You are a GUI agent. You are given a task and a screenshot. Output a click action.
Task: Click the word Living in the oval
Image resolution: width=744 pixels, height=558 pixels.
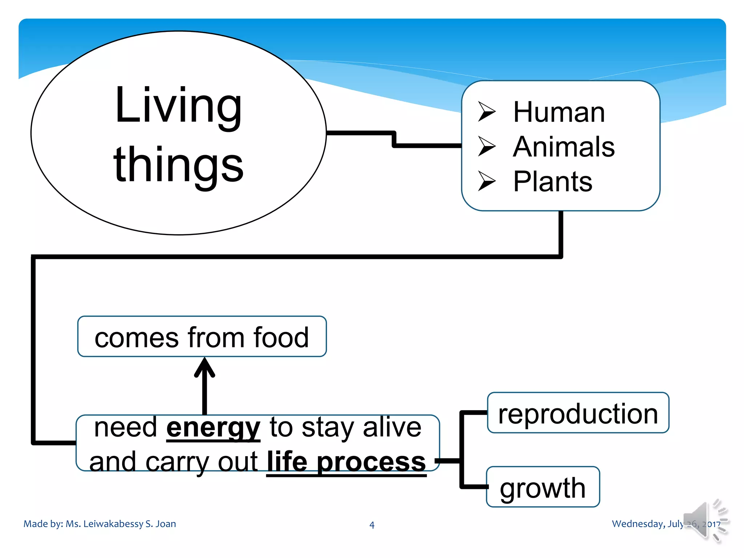coord(178,106)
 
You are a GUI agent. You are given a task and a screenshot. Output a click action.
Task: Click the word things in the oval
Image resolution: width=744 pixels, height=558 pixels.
coord(178,165)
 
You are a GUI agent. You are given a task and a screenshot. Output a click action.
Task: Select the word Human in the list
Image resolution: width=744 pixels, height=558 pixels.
coord(559,112)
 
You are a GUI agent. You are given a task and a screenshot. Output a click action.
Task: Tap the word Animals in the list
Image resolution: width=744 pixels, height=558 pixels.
coord(563,147)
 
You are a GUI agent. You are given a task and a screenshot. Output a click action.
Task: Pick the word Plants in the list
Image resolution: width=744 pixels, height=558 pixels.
coord(553,181)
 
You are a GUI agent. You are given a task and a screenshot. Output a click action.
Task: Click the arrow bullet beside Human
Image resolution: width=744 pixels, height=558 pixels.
coord(486,111)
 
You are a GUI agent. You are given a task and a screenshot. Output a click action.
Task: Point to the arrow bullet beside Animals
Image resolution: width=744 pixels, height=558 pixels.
coord(486,146)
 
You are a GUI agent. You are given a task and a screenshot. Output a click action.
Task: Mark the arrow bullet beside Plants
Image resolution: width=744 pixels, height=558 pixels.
coord(486,181)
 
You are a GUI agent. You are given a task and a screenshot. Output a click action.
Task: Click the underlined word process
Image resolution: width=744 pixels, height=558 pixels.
coord(371,462)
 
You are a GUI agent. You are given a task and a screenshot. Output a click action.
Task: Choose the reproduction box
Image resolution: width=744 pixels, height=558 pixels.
coord(578,413)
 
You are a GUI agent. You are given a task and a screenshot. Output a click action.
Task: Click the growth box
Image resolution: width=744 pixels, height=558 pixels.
coord(543,487)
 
